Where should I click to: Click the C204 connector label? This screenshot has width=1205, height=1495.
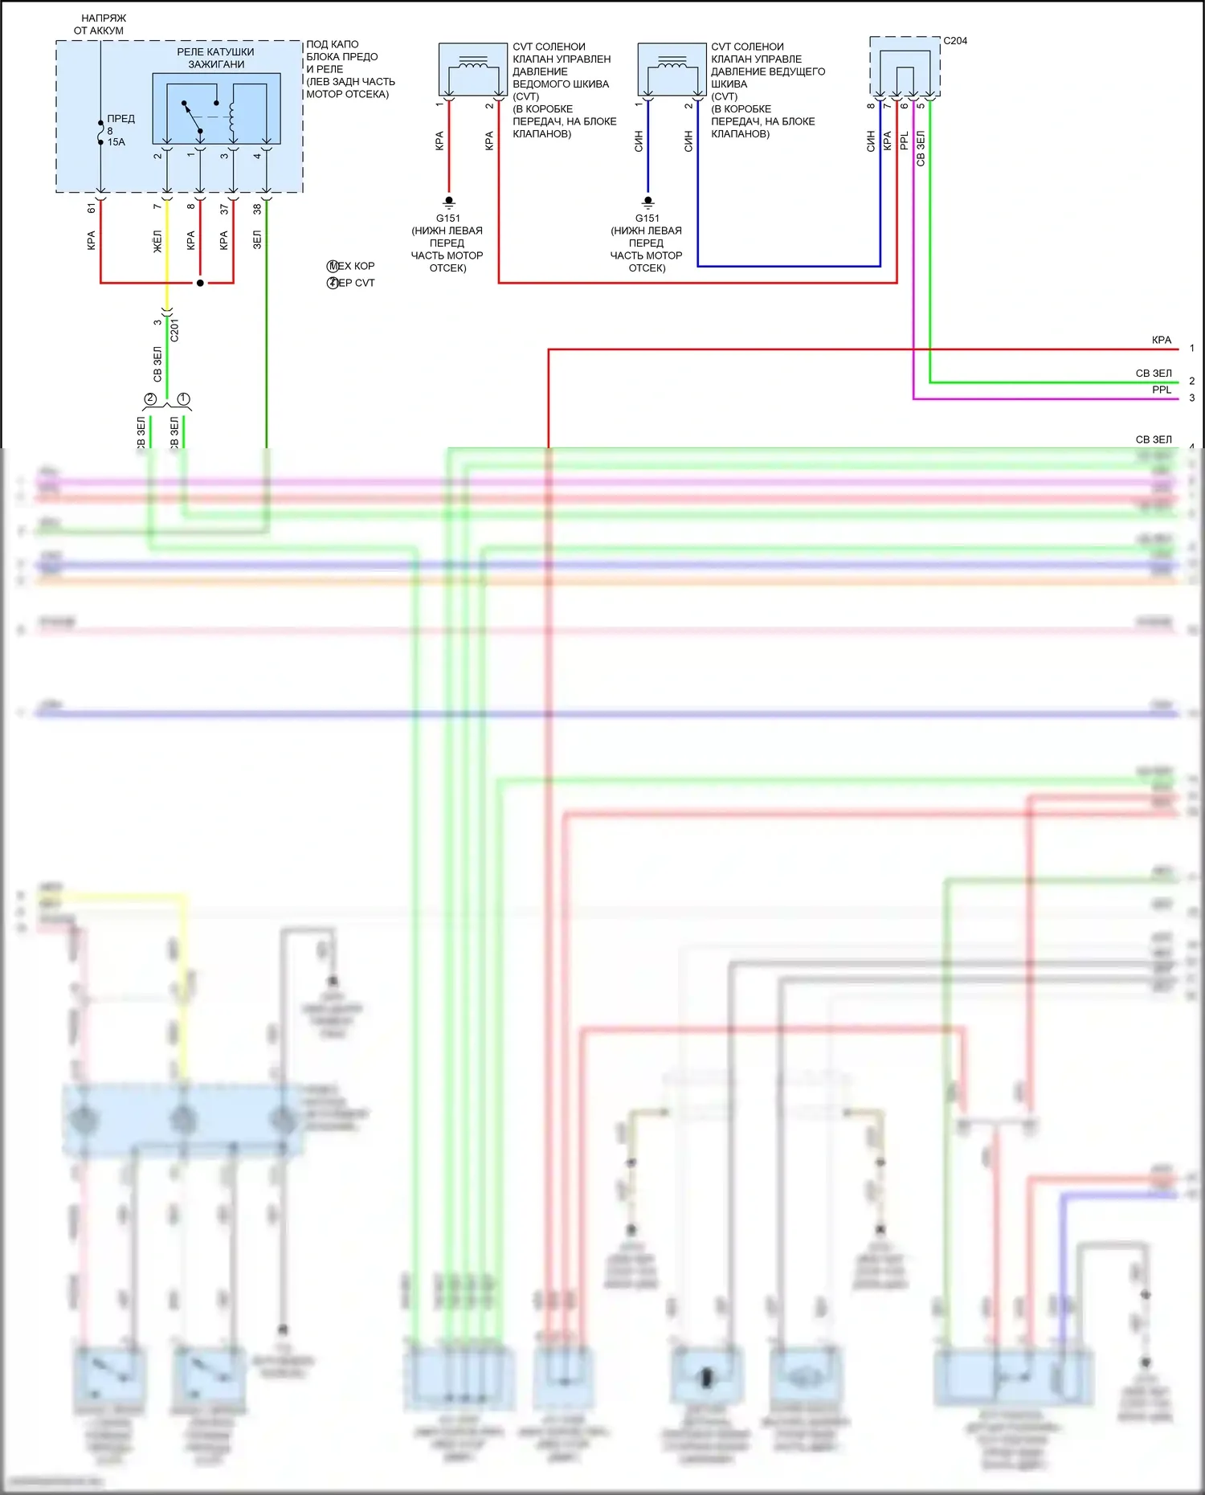954,41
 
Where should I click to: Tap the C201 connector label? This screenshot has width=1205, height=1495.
175,329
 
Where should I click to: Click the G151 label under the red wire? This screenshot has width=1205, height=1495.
448,219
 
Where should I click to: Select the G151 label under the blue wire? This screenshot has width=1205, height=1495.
647,219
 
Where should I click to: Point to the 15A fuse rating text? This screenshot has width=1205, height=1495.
116,142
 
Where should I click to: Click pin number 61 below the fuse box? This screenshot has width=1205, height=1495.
92,208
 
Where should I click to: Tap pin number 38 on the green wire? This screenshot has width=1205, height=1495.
257,209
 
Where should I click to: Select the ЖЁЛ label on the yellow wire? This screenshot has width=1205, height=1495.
157,241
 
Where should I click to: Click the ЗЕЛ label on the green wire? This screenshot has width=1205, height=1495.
257,239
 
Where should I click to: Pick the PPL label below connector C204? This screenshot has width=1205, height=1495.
904,141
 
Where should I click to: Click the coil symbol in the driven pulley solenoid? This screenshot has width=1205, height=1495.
472,61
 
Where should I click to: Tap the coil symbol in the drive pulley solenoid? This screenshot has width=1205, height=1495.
672,61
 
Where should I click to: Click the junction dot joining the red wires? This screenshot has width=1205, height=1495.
200,283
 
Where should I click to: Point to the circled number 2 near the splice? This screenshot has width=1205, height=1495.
150,399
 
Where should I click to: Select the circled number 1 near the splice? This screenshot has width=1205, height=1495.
183,399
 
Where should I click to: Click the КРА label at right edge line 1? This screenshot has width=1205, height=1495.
1162,341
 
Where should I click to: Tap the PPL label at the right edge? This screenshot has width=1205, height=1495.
1162,390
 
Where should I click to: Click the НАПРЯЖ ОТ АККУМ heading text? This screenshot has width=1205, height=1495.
101,24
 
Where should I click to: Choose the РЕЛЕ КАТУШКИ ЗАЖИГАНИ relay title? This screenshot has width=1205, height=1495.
216,58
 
